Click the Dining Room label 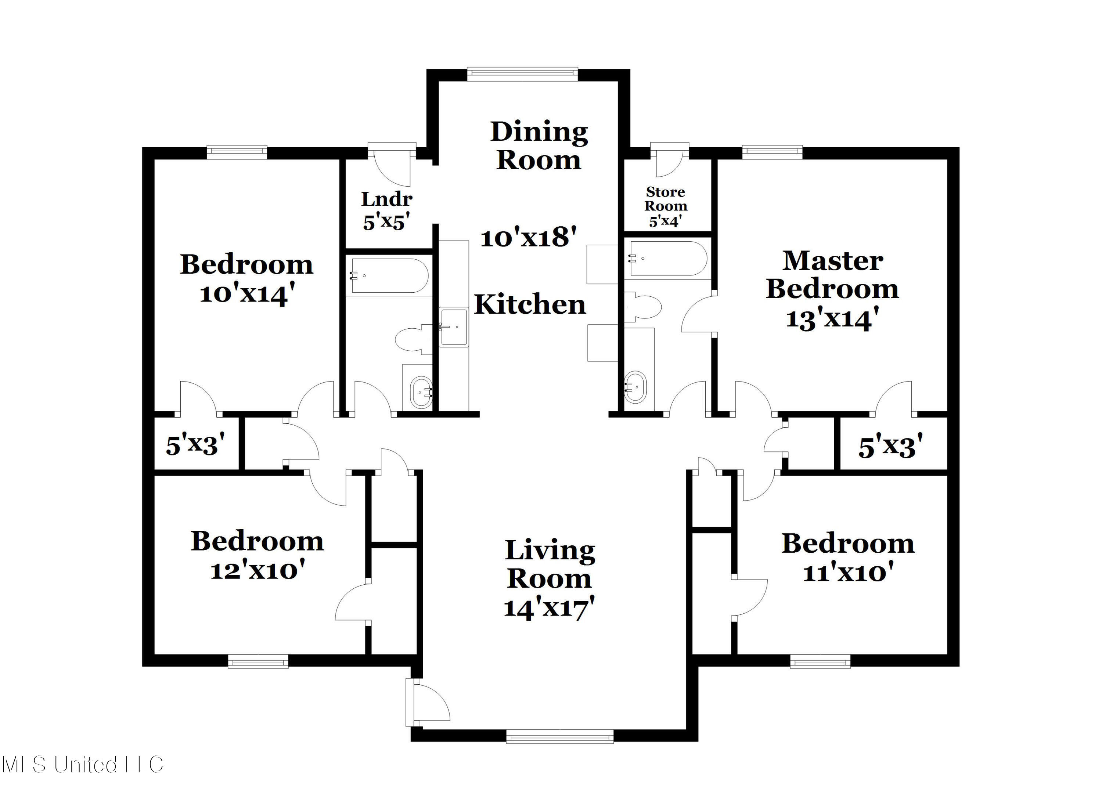[x=539, y=145]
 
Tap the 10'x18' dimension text [x=529, y=238]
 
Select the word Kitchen [x=530, y=304]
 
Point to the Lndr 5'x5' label [x=387, y=211]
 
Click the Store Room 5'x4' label [x=666, y=207]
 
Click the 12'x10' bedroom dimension [x=258, y=569]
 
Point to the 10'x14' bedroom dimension [x=247, y=293]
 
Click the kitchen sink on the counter [x=454, y=327]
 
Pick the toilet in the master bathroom [x=643, y=307]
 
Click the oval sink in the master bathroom [x=635, y=387]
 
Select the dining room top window [x=522, y=74]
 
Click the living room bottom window [x=560, y=736]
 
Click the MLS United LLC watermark [x=83, y=765]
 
